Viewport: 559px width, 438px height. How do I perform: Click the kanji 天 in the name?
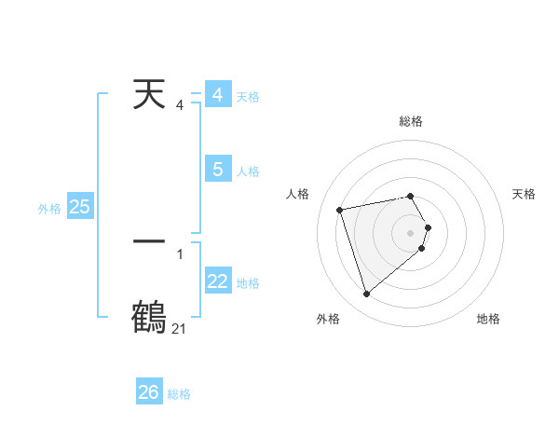click(x=149, y=95)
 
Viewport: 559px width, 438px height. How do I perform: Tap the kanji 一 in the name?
click(x=149, y=241)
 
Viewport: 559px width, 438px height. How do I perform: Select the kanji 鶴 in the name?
click(x=149, y=317)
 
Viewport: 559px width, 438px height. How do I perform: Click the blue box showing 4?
click(x=217, y=95)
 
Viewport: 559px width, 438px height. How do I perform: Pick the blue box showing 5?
click(x=217, y=170)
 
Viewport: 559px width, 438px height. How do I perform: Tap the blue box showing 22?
click(x=217, y=281)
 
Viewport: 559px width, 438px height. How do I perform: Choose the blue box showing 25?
click(x=79, y=207)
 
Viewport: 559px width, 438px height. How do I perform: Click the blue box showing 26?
click(x=149, y=392)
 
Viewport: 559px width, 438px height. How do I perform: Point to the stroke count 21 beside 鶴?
click(x=179, y=329)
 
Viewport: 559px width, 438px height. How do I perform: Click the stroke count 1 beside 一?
click(x=180, y=253)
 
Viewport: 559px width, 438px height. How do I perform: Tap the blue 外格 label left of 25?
click(x=49, y=209)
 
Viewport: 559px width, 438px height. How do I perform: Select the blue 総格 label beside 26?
click(x=179, y=394)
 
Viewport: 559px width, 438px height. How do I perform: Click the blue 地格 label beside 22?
click(x=248, y=282)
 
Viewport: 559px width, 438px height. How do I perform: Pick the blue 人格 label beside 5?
click(x=248, y=171)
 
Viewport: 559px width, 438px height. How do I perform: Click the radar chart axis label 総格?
click(x=411, y=121)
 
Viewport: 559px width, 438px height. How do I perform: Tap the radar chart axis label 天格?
click(x=524, y=194)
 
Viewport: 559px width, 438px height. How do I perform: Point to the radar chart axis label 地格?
click(x=488, y=320)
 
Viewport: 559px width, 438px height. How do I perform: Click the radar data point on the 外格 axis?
click(x=366, y=294)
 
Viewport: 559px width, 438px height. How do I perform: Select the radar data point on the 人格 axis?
click(x=340, y=209)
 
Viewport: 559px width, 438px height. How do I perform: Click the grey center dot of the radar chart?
click(x=411, y=231)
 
